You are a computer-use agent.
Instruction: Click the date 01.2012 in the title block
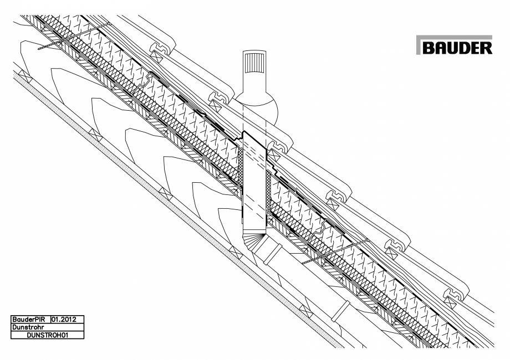67,320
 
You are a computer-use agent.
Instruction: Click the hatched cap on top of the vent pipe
255,64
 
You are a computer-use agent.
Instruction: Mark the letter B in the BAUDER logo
429,48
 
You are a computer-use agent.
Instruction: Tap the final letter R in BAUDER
485,48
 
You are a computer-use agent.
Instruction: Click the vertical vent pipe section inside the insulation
255,177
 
